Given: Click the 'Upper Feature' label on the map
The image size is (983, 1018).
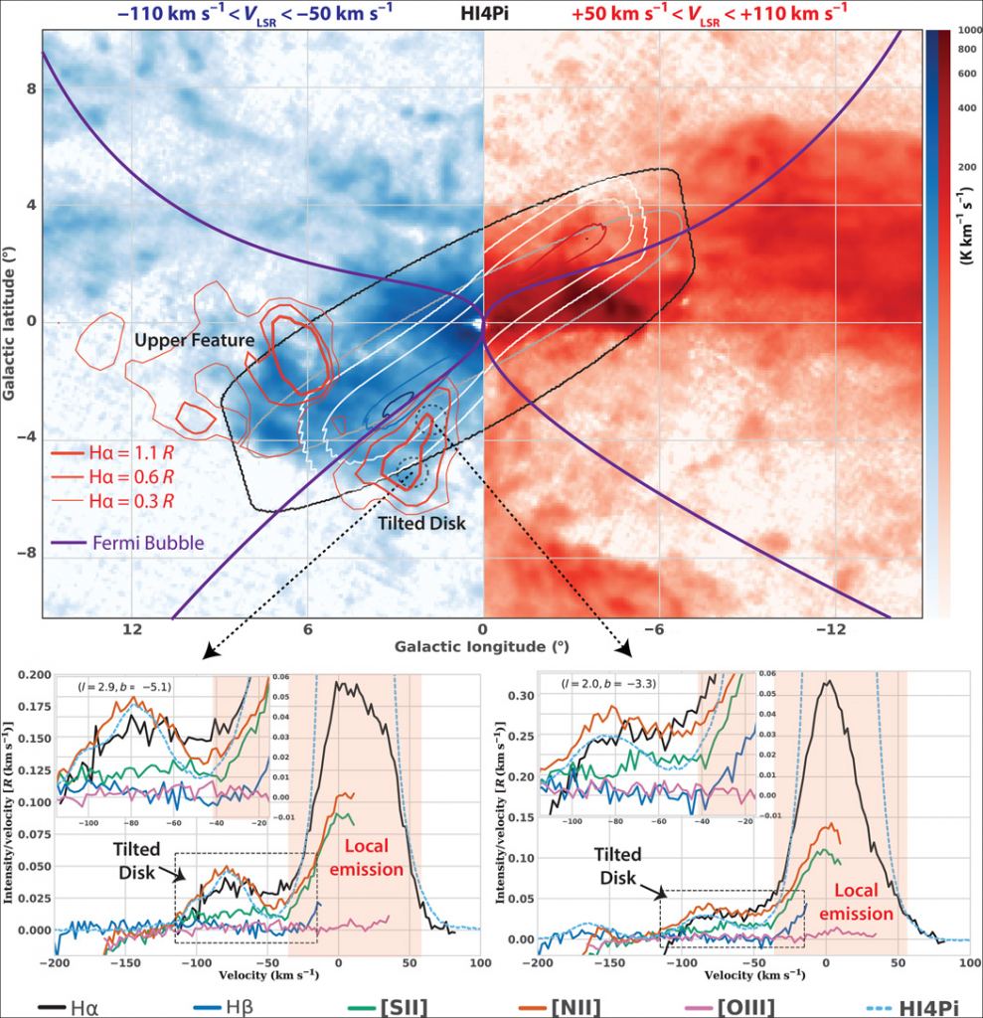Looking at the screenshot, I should pyautogui.click(x=194, y=341).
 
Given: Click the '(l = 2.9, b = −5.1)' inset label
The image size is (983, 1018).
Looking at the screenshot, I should pyautogui.click(x=118, y=686).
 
